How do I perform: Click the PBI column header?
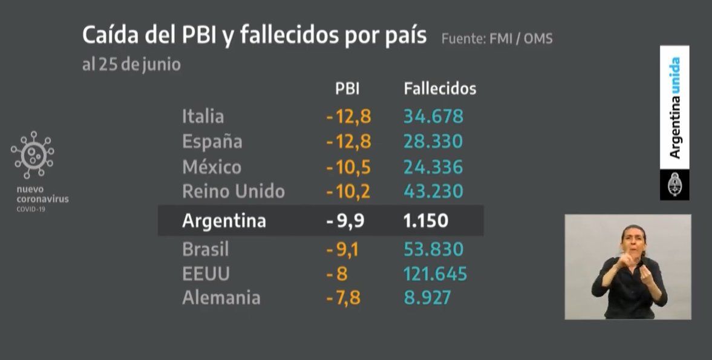coord(347,88)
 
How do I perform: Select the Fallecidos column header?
coord(440,88)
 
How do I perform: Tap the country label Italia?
coord(203,116)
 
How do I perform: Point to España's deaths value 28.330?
coord(433,141)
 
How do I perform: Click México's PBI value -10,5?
coord(348,166)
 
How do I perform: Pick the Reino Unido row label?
coord(234,191)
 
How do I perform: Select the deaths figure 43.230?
coord(433,191)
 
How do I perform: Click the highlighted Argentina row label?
coord(224,221)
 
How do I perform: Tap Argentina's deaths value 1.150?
coord(426,221)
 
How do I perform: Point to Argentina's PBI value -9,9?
coord(345,221)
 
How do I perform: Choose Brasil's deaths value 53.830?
coord(434,249)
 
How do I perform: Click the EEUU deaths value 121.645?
coord(436,273)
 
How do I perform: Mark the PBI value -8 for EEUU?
coord(337,273)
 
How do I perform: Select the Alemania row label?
coord(221,298)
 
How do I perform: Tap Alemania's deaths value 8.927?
coord(427,298)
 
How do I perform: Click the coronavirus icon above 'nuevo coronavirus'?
coord(33,155)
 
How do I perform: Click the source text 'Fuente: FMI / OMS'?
coord(497,39)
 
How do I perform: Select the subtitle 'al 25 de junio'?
coord(131,65)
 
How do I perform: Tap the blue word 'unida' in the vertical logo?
coord(675,76)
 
